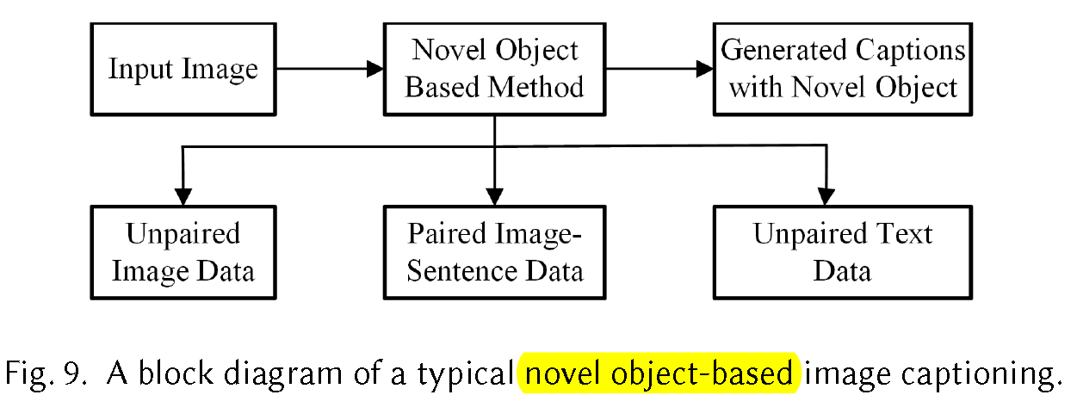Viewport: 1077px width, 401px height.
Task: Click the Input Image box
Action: click(183, 69)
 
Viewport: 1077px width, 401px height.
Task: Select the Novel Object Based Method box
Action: click(494, 69)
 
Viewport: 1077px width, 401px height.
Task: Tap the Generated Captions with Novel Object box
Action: click(843, 69)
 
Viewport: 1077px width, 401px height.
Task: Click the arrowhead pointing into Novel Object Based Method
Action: click(375, 69)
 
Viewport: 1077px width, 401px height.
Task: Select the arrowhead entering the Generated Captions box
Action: click(705, 69)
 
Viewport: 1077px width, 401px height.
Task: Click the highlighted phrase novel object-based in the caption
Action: click(659, 373)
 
